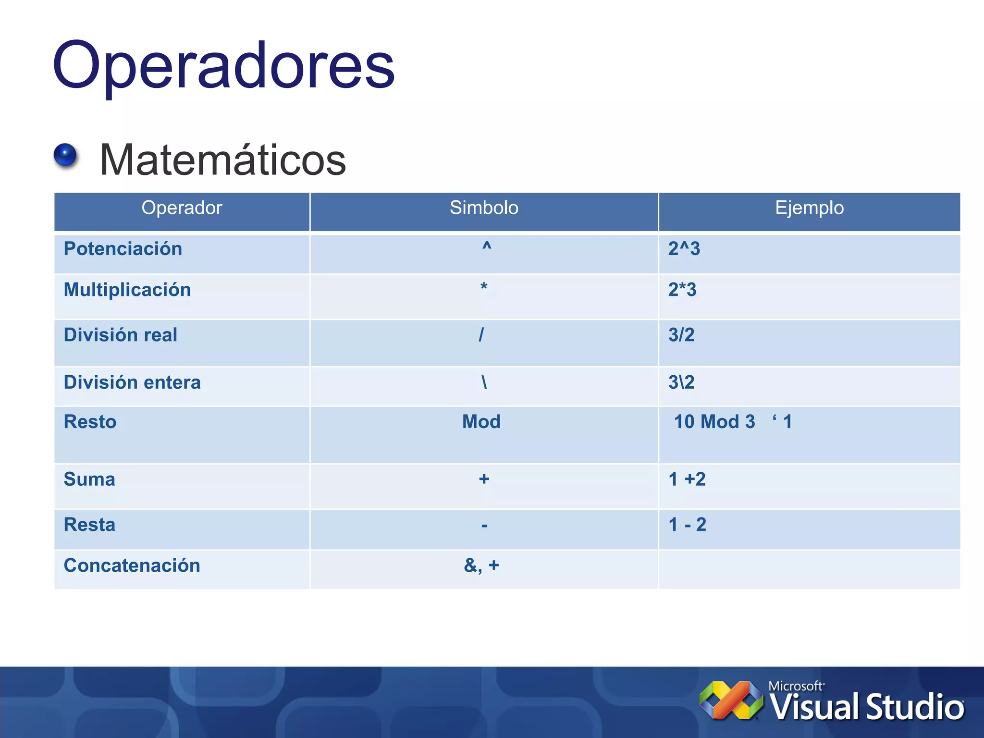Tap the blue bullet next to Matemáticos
pyautogui.click(x=65, y=155)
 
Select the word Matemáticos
pyautogui.click(x=222, y=160)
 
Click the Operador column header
pyautogui.click(x=182, y=208)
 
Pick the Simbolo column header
pyautogui.click(x=484, y=208)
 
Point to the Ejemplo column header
pyautogui.click(x=809, y=208)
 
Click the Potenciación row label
pyautogui.click(x=123, y=249)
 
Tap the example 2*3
pyautogui.click(x=682, y=290)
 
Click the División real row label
pyautogui.click(x=121, y=335)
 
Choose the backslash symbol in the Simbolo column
pyautogui.click(x=484, y=382)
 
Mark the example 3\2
pyautogui.click(x=681, y=382)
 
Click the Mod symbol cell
pyautogui.click(x=481, y=422)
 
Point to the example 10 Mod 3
pyautogui.click(x=714, y=422)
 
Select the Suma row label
pyautogui.click(x=89, y=480)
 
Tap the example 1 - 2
pyautogui.click(x=687, y=525)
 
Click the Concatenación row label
pyautogui.click(x=132, y=566)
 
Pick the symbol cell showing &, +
pyautogui.click(x=481, y=566)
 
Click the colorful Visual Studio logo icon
pyautogui.click(x=731, y=701)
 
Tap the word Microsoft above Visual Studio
pyautogui.click(x=795, y=686)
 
